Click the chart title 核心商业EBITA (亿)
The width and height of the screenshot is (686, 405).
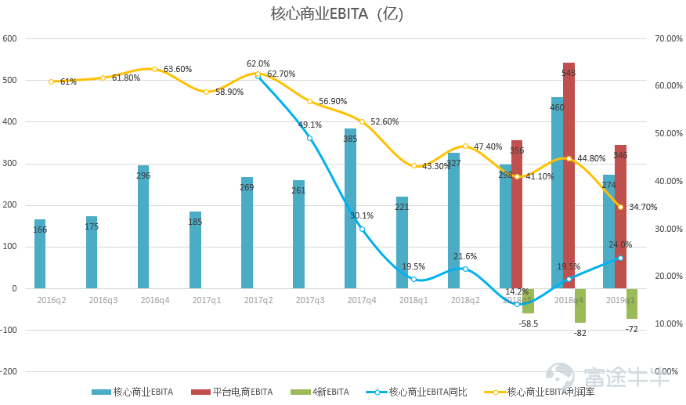click(x=337, y=14)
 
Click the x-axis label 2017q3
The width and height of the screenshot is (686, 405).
click(x=310, y=300)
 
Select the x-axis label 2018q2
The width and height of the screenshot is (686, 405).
click(x=465, y=300)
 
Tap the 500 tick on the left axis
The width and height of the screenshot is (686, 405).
click(x=10, y=80)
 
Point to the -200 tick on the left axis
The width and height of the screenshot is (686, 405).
click(x=9, y=371)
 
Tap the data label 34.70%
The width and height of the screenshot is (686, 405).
click(x=642, y=207)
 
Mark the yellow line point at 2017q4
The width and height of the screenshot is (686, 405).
click(x=362, y=121)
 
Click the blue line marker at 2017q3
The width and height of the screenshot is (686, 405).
click(x=310, y=138)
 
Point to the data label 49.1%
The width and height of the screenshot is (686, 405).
click(x=310, y=125)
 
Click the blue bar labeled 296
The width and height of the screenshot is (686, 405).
click(x=143, y=226)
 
